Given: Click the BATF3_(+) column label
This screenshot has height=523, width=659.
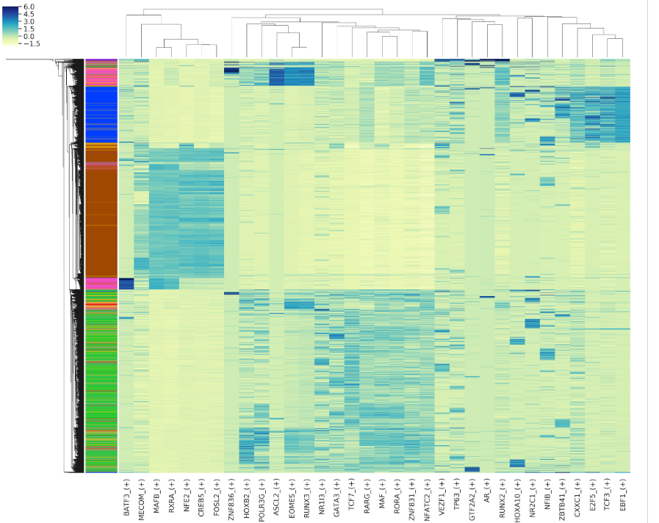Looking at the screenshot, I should click(126, 497).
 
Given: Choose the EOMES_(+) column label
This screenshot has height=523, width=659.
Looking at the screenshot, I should click(292, 496).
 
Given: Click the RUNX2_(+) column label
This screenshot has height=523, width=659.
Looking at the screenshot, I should click(503, 497).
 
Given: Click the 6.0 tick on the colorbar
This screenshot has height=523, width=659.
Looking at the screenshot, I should click(29, 7).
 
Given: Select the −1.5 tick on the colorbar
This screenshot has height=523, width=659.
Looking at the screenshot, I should click(31, 43).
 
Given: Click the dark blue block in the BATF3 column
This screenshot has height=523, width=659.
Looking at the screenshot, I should click(126, 284).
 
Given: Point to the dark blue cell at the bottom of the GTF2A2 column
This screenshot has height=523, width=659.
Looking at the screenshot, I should click(472, 469).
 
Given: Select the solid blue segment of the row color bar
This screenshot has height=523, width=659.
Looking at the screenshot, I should click(101, 114).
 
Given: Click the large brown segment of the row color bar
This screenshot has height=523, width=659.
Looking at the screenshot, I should click(101, 220).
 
